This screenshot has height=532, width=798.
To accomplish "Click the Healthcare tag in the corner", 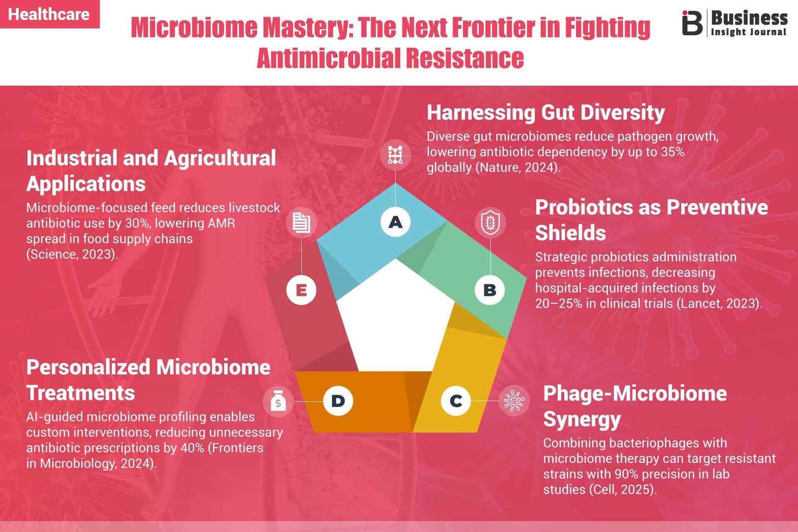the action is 49,14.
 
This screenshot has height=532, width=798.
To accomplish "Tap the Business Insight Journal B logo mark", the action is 692,23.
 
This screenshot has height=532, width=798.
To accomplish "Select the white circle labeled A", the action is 396,222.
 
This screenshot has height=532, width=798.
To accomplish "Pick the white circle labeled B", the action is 490,290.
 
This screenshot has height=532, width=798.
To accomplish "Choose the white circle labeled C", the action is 456,400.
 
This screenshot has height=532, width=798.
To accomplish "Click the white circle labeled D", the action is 338,401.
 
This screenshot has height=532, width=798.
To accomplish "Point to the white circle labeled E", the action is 301,290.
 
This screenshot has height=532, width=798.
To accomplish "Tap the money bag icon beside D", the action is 278,401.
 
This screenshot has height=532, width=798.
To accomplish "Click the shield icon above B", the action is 490,223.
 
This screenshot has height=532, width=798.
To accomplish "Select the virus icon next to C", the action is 514,400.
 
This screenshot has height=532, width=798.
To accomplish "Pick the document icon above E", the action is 301,222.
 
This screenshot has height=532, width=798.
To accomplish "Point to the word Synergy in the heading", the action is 582,419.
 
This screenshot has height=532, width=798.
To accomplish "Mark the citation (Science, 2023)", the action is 72,254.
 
